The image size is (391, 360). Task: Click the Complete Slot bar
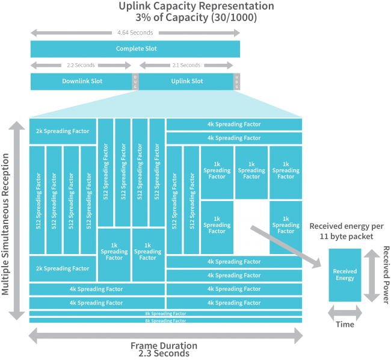point(135,49)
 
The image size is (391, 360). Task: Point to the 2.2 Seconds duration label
point(81,65)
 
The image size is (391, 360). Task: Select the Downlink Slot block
point(81,81)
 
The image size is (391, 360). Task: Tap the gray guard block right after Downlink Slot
point(135,82)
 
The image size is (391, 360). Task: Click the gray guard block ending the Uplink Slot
point(237,82)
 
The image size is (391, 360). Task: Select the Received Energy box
point(345,275)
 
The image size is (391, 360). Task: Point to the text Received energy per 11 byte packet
point(346,231)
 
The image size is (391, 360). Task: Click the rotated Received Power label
point(386,275)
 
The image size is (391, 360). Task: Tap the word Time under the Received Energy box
point(345,324)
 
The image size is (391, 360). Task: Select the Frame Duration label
point(164,346)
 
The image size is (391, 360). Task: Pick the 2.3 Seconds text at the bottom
point(164,355)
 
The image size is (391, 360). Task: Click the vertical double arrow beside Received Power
point(370,275)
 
